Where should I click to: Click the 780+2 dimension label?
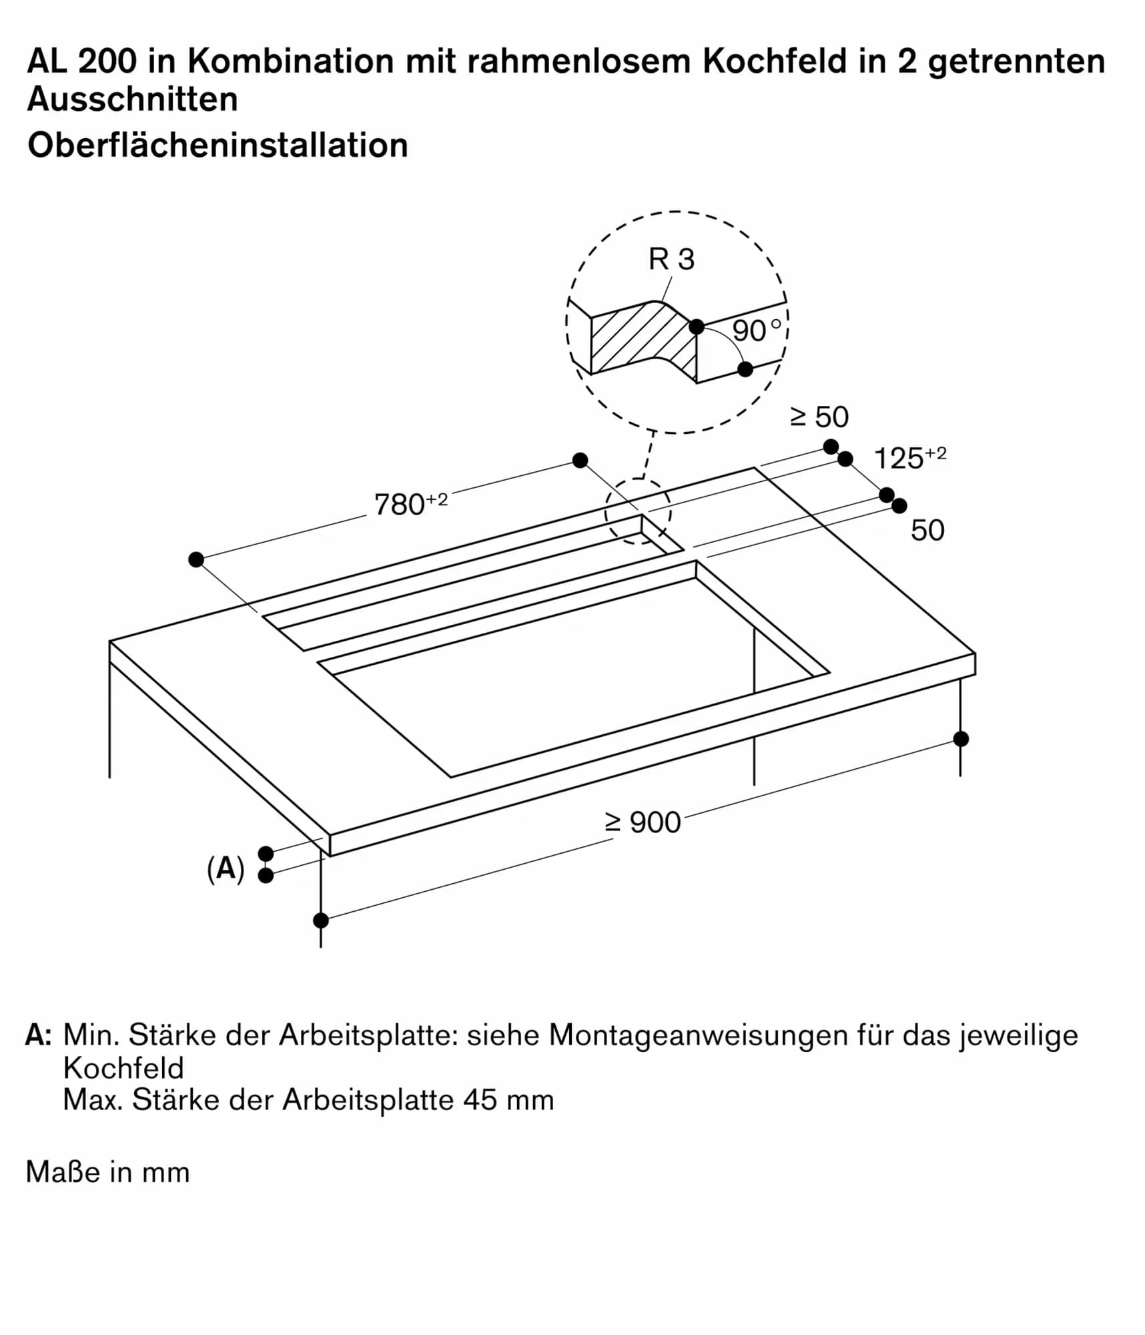(x=410, y=504)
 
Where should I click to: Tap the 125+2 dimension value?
(x=909, y=458)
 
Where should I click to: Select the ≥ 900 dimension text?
(x=643, y=822)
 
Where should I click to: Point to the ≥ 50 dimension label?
(x=819, y=417)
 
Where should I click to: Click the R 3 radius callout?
(x=671, y=259)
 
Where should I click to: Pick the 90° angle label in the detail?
(x=755, y=330)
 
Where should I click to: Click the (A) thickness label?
(x=226, y=869)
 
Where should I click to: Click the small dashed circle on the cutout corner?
(x=638, y=511)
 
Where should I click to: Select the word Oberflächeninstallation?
(x=218, y=145)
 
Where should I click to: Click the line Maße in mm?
(x=107, y=1172)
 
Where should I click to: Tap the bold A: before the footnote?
(x=38, y=1035)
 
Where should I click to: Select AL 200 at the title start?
(x=81, y=61)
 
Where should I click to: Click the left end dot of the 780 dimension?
(x=196, y=559)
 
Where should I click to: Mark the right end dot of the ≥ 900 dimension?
(x=961, y=739)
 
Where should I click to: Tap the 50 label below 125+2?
(x=927, y=530)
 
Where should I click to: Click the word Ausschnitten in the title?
(x=132, y=99)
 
